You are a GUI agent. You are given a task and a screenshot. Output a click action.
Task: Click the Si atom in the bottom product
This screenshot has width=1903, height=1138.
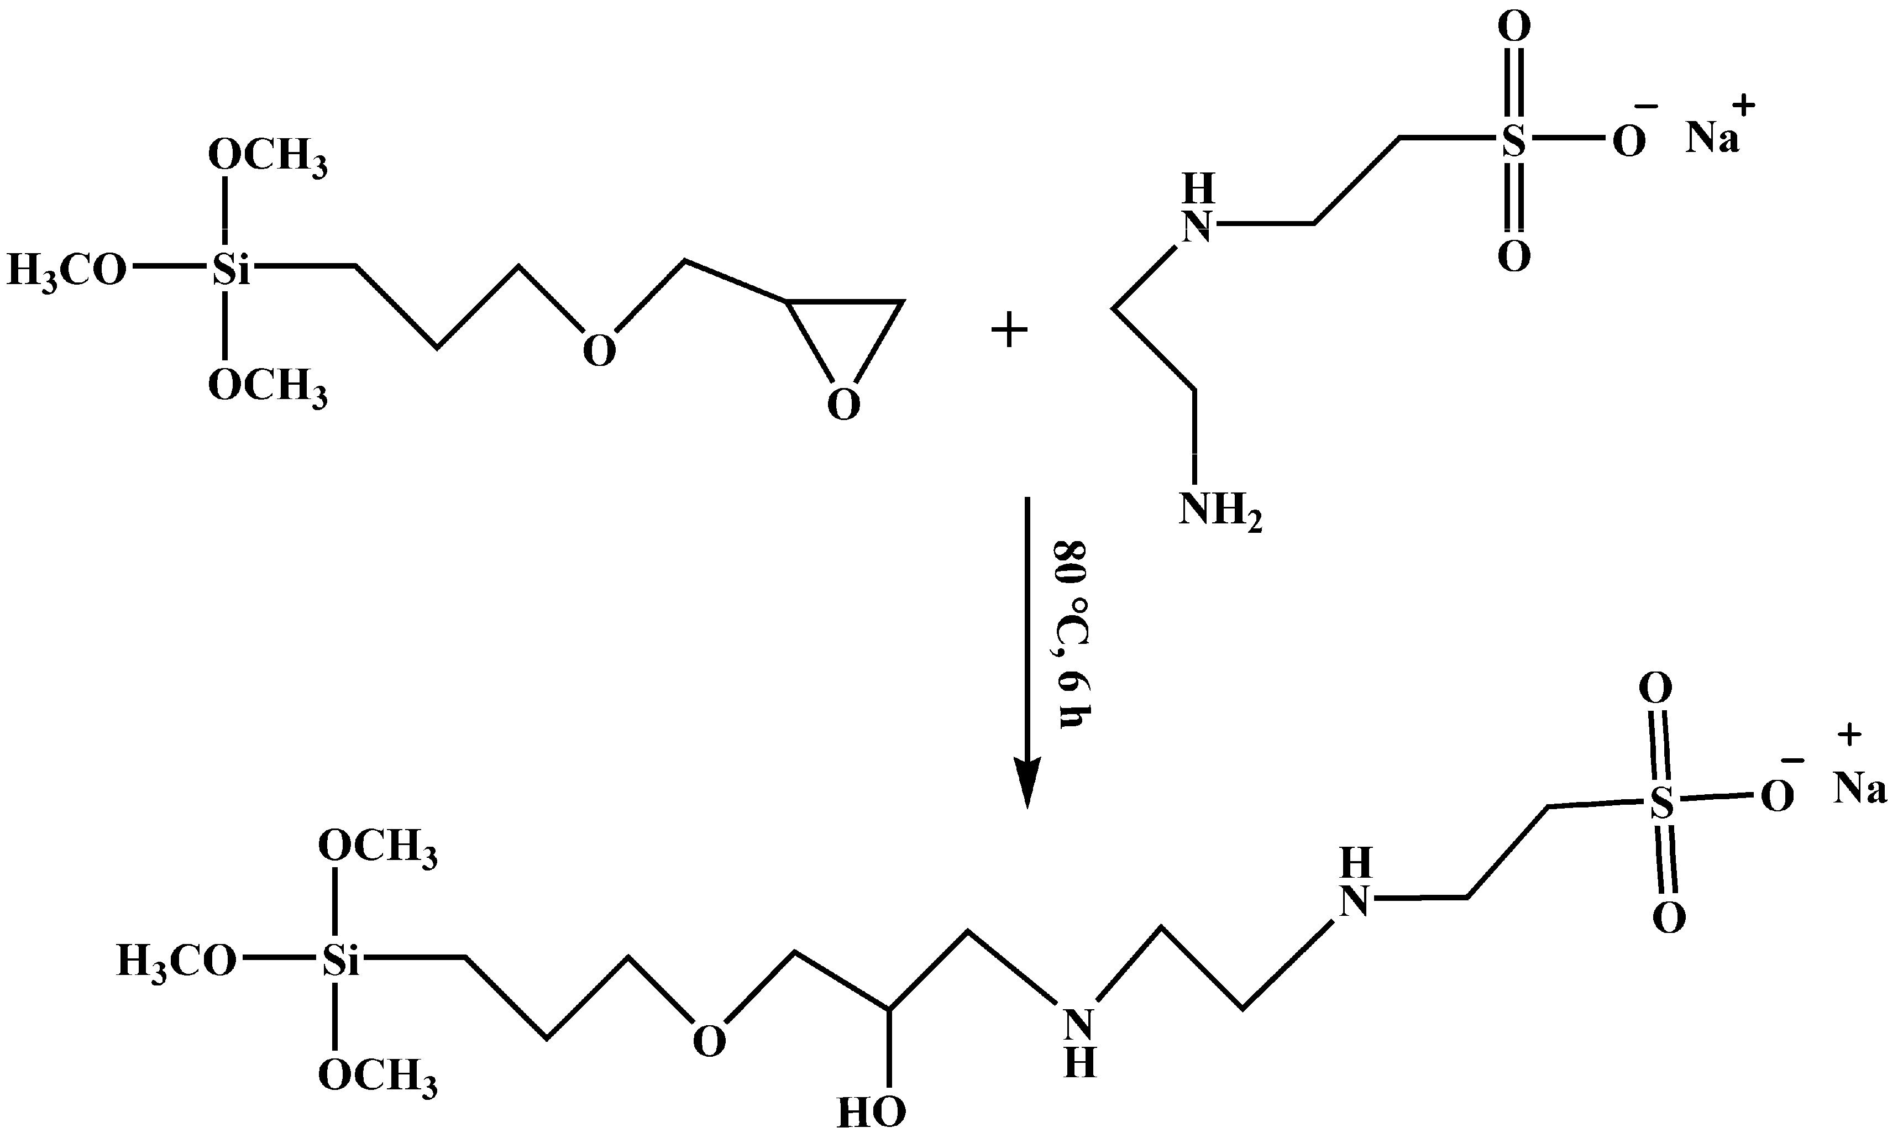(x=340, y=961)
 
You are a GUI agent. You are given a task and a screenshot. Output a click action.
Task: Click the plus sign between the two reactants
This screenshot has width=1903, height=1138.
(x=1009, y=333)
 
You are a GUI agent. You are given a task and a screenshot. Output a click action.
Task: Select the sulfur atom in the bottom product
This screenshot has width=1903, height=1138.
(x=1661, y=804)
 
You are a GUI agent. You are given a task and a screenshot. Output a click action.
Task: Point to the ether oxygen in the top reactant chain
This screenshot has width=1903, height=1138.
(x=599, y=351)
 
